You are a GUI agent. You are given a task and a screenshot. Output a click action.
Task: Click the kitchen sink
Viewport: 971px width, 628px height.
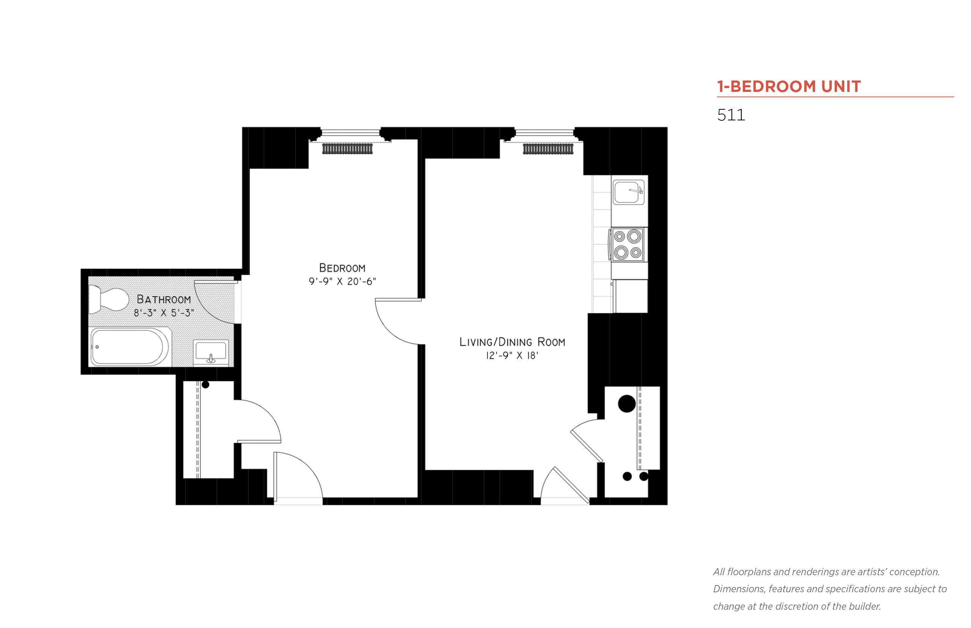628,192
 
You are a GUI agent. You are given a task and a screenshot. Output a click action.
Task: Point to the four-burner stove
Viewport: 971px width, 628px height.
627,245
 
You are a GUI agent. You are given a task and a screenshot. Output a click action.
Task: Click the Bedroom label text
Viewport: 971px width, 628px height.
342,268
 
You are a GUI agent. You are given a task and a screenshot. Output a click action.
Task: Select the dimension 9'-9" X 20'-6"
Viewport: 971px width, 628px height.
342,281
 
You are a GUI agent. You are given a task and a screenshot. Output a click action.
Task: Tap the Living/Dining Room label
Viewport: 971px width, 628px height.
512,342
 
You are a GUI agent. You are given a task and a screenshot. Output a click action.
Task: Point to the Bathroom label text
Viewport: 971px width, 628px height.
164,299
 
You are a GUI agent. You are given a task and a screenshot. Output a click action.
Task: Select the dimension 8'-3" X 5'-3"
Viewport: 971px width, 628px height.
164,313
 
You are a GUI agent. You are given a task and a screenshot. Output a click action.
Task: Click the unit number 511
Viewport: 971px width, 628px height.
730,115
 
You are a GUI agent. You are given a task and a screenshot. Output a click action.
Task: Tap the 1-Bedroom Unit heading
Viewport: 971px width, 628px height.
788,87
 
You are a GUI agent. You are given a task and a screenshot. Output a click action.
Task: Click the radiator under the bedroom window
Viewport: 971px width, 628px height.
347,149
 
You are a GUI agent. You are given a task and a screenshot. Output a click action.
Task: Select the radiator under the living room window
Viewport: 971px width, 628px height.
548,149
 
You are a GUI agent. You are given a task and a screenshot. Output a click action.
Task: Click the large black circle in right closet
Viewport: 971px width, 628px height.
627,404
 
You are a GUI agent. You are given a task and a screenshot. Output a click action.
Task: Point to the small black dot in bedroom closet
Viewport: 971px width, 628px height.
205,385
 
